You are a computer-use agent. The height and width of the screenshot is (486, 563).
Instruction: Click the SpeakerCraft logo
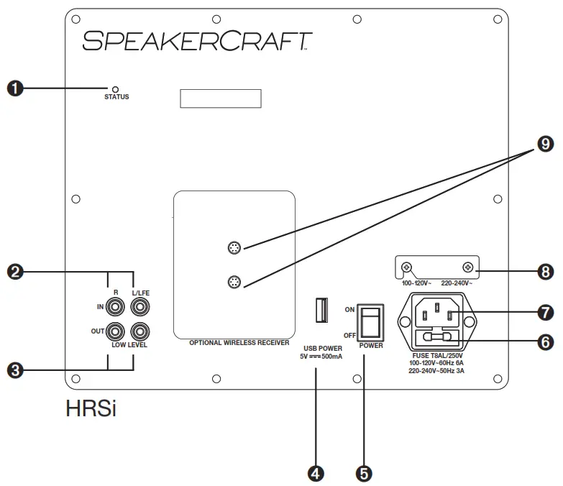(x=196, y=40)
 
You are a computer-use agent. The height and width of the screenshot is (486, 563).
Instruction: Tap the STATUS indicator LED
(x=116, y=88)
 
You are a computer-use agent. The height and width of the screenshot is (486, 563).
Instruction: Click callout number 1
(x=15, y=88)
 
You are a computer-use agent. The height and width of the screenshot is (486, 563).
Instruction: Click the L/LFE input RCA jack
(x=139, y=307)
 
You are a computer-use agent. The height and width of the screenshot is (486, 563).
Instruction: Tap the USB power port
(x=321, y=310)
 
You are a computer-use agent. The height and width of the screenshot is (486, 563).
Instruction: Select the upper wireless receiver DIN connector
(x=233, y=249)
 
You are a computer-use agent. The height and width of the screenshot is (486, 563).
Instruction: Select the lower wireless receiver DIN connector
(x=233, y=281)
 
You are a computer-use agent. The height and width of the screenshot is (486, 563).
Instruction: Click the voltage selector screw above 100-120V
(x=406, y=267)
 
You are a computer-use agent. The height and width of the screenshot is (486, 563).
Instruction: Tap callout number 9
(x=545, y=145)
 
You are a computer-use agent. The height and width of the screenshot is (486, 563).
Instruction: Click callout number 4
(x=315, y=473)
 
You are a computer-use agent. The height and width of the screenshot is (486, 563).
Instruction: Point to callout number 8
(x=545, y=271)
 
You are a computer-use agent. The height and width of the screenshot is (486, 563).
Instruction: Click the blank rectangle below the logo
(x=219, y=99)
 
